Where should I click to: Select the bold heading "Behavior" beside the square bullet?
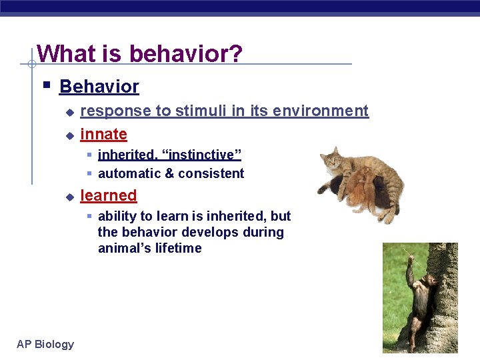tap(99, 87)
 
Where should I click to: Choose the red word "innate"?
tap(103, 134)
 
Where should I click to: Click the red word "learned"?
tap(108, 195)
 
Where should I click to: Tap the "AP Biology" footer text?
tap(45, 344)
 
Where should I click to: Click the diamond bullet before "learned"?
tap(69, 197)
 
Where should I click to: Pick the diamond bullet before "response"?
tap(69, 112)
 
